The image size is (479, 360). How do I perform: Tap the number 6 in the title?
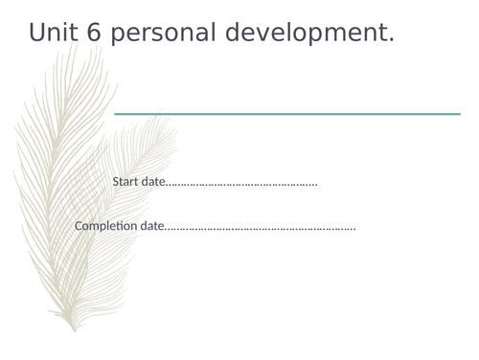(94, 33)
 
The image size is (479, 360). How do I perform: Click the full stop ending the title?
(391, 41)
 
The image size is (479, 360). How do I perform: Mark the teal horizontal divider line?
(287, 114)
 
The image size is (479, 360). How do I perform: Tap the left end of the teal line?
(116, 114)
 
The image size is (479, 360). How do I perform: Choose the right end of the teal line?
(459, 114)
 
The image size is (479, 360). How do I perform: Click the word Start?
(125, 181)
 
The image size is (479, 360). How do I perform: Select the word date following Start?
(152, 181)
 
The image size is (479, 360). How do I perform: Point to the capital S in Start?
(116, 181)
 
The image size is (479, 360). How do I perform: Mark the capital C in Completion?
(79, 226)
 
